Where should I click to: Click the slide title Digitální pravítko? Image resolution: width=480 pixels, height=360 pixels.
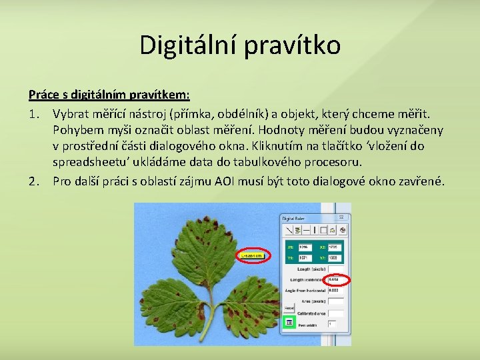click(x=240, y=45)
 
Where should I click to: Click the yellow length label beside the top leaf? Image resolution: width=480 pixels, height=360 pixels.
click(x=252, y=255)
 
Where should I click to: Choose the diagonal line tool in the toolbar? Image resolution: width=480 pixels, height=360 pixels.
click(x=289, y=229)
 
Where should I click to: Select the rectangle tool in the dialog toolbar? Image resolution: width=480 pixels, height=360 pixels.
click(x=323, y=229)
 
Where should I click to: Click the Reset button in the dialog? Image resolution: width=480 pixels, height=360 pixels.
click(x=289, y=307)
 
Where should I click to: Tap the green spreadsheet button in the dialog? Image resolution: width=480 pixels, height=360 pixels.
click(x=289, y=323)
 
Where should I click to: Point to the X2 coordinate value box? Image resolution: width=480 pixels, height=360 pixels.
click(x=335, y=247)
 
